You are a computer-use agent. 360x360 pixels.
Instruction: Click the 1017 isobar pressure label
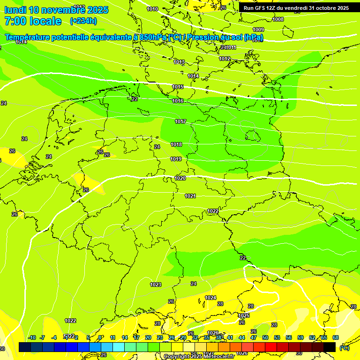(x=180, y=121)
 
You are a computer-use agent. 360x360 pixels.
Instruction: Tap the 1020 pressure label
(x=180, y=178)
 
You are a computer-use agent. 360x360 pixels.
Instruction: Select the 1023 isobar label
(x=156, y=285)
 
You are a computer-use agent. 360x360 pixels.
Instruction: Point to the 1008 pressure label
(x=278, y=19)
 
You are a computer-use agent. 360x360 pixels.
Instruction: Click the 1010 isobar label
(x=152, y=9)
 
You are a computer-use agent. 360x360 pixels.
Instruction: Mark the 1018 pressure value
(x=176, y=144)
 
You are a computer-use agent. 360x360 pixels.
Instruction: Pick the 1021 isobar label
(x=190, y=196)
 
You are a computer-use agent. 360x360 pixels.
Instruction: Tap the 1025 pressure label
(x=244, y=315)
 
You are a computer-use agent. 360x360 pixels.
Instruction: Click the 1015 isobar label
(x=178, y=87)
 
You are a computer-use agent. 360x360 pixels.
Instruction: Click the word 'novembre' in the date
(x=66, y=10)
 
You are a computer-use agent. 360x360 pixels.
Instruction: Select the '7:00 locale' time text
(x=33, y=21)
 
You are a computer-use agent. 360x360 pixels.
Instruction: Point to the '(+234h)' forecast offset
(x=83, y=21)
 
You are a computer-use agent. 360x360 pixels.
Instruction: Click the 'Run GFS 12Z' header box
(x=296, y=8)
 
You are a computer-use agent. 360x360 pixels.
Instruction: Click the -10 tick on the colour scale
(x=32, y=337)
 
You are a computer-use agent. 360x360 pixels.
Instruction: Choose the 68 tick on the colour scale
(x=335, y=337)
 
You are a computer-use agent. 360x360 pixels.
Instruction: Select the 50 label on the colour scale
(x=265, y=337)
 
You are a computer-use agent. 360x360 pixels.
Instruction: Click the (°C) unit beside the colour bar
(x=344, y=347)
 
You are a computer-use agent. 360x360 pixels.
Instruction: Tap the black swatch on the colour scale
(x=330, y=347)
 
